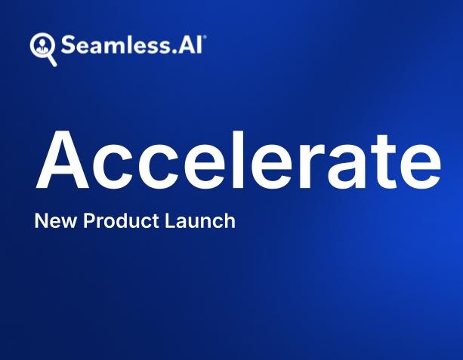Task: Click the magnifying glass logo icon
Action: pyautogui.click(x=42, y=47)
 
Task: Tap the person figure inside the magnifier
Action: pyautogui.click(x=41, y=45)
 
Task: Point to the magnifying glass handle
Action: pyautogui.click(x=51, y=60)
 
